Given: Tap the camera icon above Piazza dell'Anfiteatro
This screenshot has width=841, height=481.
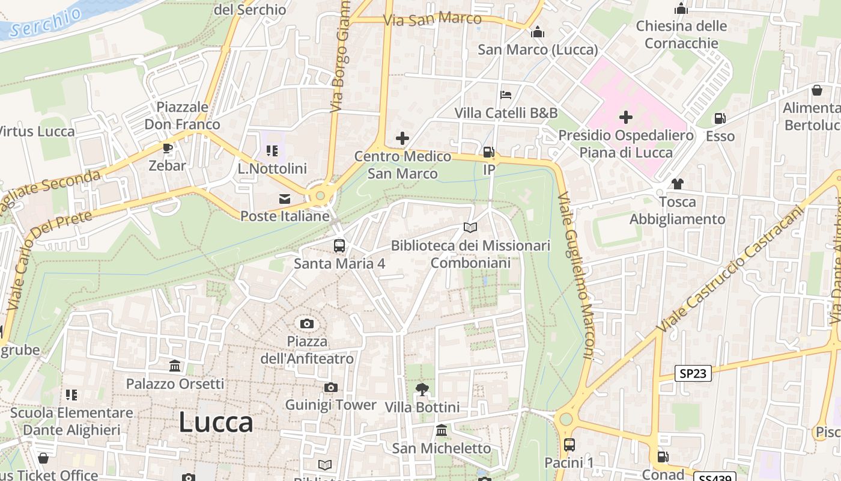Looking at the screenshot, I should coord(307,324).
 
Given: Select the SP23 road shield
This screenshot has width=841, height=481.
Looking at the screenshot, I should coord(693,373).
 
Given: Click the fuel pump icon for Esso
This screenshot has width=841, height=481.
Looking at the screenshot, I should coord(720,118).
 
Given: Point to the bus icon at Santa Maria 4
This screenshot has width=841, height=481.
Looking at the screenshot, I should coord(339,245).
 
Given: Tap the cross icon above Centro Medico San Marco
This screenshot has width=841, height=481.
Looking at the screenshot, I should coord(402,139).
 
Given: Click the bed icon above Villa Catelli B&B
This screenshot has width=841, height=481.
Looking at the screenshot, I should coord(506,95).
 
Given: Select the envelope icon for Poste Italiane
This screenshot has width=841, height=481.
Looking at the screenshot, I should coord(285,198).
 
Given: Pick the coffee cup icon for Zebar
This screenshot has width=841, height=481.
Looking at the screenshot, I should coord(168,148).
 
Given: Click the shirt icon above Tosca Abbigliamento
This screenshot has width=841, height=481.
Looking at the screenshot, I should coord(678,184).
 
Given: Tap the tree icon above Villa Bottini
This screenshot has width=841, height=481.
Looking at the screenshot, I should coord(422,390).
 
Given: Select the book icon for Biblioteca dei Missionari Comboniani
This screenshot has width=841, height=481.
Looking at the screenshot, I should coord(470,228).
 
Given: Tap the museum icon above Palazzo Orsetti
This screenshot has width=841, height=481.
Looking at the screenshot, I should coord(175,366).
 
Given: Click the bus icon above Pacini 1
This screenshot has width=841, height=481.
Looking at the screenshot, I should coord(569,445).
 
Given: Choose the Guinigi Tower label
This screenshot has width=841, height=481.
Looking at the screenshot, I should coord(330,405).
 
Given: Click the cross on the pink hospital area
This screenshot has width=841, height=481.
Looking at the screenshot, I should coord(626,117).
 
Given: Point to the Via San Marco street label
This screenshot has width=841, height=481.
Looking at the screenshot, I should coord(433,19).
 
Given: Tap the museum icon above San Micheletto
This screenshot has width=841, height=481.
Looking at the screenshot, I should coord(442,430).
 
